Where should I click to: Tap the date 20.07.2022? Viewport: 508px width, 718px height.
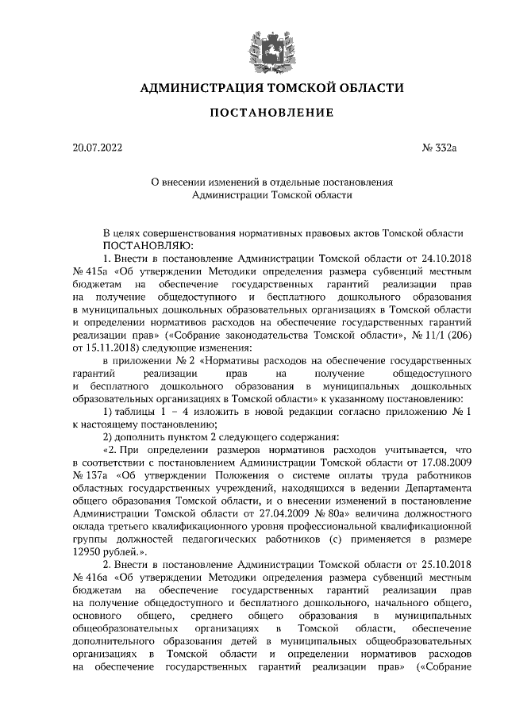point(98,147)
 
